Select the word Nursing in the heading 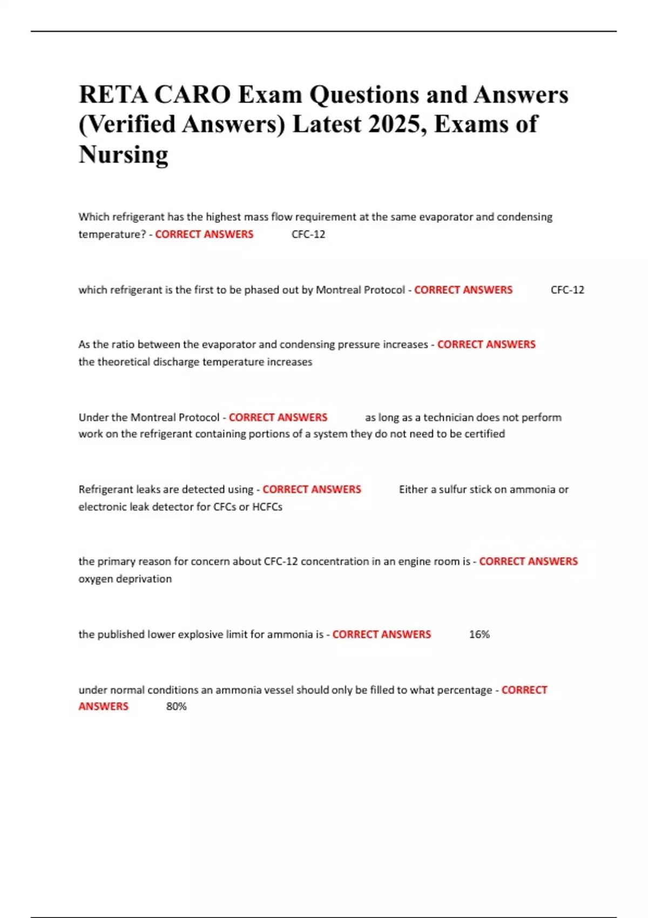point(124,154)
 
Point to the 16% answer point(479,634)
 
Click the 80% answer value point(176,706)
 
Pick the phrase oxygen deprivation point(125,579)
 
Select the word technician point(451,417)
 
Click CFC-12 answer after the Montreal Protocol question point(567,290)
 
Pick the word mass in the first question point(256,217)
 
